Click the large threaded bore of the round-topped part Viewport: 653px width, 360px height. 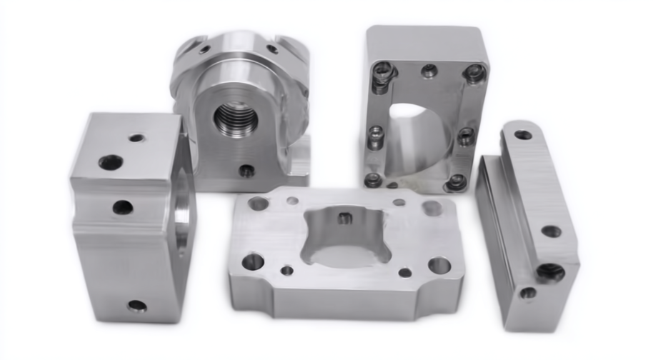click(x=236, y=116)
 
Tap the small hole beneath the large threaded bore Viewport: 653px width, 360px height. click(x=246, y=171)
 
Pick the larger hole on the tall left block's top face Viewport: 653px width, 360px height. click(x=110, y=163)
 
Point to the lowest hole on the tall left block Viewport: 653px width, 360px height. click(x=136, y=306)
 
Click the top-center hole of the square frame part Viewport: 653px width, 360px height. click(x=429, y=71)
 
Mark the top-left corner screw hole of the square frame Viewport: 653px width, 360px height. click(x=384, y=70)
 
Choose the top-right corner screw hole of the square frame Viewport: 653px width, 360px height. click(x=474, y=72)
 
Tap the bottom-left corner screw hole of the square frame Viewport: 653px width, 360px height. click(x=373, y=180)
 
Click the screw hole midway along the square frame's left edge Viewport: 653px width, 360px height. click(x=376, y=134)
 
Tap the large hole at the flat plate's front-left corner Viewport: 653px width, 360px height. click(x=252, y=261)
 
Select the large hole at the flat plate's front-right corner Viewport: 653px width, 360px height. click(x=439, y=265)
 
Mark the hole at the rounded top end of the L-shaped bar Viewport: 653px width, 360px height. click(x=523, y=134)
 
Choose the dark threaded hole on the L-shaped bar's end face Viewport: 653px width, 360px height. click(x=550, y=271)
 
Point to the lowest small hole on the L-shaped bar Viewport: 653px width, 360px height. click(x=528, y=293)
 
